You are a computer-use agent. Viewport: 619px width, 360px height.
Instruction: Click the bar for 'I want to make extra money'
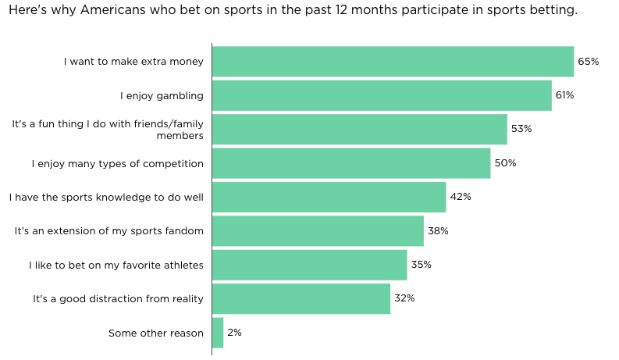(x=393, y=61)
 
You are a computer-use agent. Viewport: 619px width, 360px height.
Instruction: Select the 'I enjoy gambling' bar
(x=382, y=95)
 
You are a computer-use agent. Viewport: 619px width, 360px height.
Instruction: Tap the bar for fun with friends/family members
(x=359, y=129)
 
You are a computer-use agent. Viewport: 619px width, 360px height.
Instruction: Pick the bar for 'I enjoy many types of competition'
(x=351, y=163)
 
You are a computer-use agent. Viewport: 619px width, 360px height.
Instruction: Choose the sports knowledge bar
(x=329, y=197)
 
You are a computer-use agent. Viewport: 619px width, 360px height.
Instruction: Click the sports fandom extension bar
(x=318, y=231)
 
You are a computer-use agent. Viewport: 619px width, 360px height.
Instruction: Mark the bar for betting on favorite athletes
(x=309, y=265)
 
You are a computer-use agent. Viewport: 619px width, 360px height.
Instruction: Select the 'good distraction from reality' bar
(x=301, y=299)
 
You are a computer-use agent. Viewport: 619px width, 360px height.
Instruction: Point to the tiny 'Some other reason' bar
(x=218, y=333)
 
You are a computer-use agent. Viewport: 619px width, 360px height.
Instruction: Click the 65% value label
(x=588, y=61)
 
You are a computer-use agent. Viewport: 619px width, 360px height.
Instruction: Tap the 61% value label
(x=564, y=95)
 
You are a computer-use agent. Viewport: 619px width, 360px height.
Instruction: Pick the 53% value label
(x=521, y=129)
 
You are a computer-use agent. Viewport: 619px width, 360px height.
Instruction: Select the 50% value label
(x=505, y=163)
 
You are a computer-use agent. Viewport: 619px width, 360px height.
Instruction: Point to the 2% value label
(x=234, y=333)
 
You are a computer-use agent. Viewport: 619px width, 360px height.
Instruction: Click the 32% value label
(x=404, y=299)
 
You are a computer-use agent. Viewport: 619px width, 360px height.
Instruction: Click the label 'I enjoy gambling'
(x=162, y=95)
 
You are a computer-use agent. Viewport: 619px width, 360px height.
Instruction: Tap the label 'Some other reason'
(x=156, y=333)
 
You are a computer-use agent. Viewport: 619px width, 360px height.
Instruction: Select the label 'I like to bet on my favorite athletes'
(x=116, y=265)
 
